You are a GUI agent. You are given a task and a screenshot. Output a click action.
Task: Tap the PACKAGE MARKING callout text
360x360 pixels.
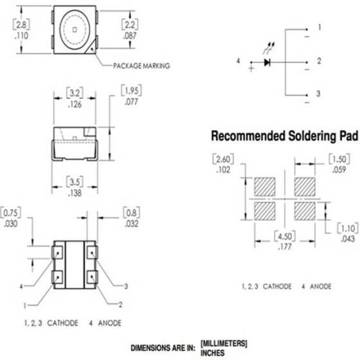click(140, 66)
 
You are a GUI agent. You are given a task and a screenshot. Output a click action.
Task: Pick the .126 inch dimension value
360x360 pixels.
click(74, 106)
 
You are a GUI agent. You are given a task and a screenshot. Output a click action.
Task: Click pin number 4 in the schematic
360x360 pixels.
click(239, 61)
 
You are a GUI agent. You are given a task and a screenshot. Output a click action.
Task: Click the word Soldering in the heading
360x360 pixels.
click(294, 137)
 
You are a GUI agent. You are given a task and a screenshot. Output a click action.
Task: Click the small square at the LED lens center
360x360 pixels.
click(74, 30)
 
